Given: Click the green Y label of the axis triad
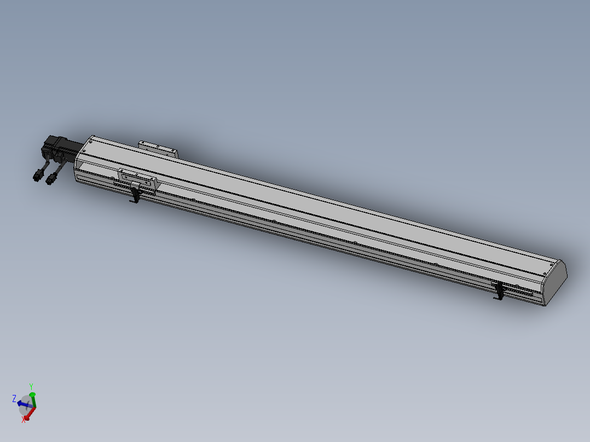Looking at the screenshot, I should click(31, 386).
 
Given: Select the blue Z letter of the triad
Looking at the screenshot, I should click(14, 399).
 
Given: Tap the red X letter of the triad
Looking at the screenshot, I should click(24, 420).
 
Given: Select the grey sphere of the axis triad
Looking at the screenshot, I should click(26, 406).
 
